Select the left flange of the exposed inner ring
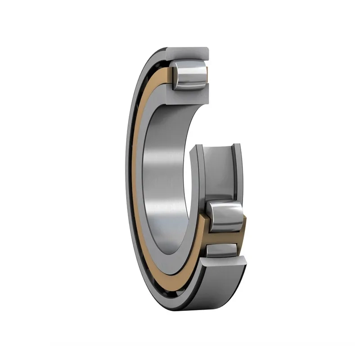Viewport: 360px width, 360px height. click(198, 171)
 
